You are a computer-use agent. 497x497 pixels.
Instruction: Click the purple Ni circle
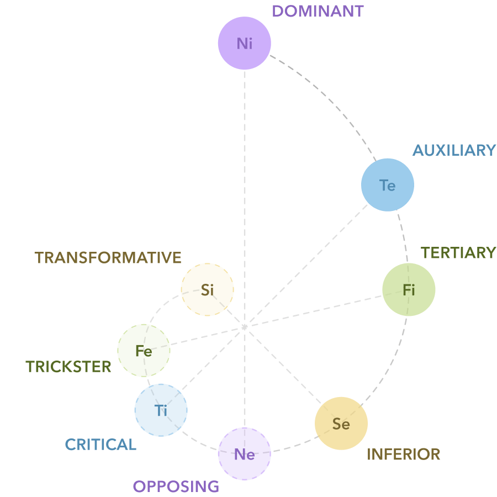point(245,43)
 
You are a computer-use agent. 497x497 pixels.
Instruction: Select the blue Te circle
point(388,185)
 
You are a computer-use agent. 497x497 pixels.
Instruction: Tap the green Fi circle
point(409,290)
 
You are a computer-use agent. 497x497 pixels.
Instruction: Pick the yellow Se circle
point(341,424)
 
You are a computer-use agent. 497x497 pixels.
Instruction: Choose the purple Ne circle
point(245,454)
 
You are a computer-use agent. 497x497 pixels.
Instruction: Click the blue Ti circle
point(161,410)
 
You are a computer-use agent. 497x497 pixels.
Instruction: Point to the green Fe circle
point(144,351)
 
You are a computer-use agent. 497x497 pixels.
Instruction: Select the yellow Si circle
point(208,290)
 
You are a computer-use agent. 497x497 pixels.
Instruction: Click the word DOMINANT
point(318,11)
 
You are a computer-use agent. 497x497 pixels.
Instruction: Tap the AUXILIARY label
point(454,150)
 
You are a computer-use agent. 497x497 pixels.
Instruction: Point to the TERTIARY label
point(458,253)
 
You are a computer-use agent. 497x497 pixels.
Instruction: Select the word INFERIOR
point(404,454)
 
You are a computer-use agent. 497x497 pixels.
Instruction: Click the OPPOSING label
point(176,487)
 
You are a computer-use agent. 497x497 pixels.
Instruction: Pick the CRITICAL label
point(101,445)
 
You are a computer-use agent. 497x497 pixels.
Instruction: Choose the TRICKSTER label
point(68,367)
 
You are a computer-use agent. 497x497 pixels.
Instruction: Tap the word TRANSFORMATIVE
point(108,258)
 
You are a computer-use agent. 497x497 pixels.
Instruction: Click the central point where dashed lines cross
point(244,327)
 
